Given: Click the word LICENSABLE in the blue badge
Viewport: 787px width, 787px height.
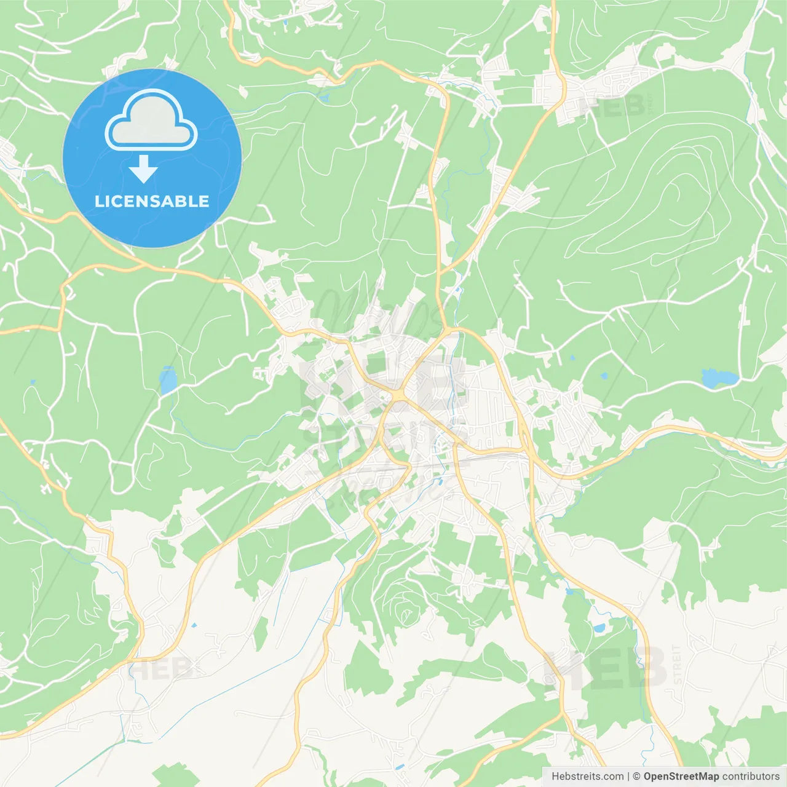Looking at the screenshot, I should [152, 201].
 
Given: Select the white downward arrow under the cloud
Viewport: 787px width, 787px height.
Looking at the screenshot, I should [143, 169].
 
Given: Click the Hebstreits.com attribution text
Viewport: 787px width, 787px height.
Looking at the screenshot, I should [587, 777].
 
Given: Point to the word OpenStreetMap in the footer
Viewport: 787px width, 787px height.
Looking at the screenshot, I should [681, 777].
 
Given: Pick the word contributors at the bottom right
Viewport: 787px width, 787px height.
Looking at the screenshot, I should [751, 777].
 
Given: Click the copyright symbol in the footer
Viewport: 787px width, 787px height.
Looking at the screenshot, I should [636, 777].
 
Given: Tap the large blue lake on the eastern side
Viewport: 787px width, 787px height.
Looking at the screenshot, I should [717, 378].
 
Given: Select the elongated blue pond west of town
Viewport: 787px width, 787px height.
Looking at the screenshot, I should [167, 380].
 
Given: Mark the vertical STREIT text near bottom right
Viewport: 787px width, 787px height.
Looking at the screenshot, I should [677, 664].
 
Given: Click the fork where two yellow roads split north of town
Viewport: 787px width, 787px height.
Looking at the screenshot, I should [441, 271].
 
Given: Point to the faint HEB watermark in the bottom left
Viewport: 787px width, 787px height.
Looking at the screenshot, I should [161, 668].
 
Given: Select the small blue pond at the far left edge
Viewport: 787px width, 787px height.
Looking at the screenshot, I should [32, 382].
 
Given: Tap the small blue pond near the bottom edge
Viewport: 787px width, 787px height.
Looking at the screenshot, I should [400, 767].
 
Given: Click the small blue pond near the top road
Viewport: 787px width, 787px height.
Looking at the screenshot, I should [323, 97].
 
